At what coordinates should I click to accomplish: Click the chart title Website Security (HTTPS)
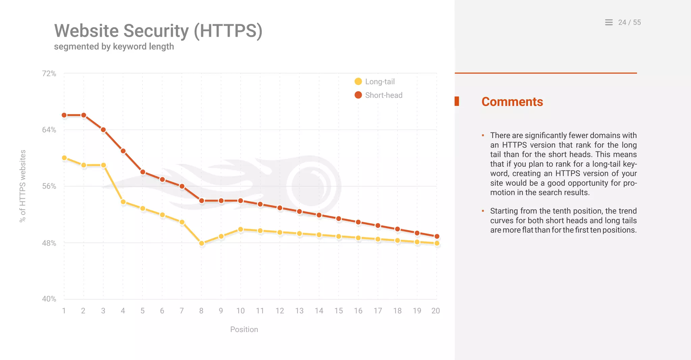[158, 31]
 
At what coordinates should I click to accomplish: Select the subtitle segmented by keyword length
[114, 47]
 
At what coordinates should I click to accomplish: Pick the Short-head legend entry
[378, 95]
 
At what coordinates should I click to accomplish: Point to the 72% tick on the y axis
[49, 74]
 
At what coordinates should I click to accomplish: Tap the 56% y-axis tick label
[49, 186]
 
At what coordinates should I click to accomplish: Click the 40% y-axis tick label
[49, 299]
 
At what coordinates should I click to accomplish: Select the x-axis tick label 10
[240, 311]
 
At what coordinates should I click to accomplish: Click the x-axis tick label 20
[436, 311]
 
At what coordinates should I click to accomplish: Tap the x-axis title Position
[244, 329]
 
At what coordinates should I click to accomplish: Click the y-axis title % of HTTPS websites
[23, 186]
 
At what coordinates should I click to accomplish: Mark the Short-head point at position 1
[64, 115]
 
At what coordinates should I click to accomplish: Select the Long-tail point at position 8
[201, 243]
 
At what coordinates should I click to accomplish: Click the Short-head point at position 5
[143, 172]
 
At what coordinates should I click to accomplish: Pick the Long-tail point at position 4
[123, 202]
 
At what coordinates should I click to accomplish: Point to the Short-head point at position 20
[437, 236]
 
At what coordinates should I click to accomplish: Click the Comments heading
[512, 102]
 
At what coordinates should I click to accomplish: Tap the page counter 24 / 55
[629, 22]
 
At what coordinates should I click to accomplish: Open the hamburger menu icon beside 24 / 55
[609, 22]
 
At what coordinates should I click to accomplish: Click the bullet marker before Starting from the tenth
[483, 211]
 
